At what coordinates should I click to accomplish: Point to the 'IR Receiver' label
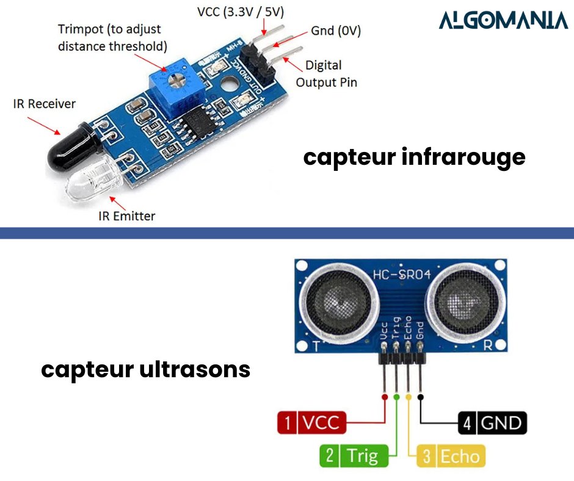click(x=45, y=104)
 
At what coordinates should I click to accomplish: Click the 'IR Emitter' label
click(x=127, y=215)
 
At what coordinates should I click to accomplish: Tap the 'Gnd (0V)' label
click(x=336, y=31)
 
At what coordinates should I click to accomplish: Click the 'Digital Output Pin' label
click(x=327, y=73)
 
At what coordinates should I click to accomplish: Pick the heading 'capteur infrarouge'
click(x=414, y=157)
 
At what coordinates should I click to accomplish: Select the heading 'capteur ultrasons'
click(x=145, y=369)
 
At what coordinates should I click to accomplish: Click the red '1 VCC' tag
click(x=312, y=422)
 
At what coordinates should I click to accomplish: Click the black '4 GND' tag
click(x=492, y=423)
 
